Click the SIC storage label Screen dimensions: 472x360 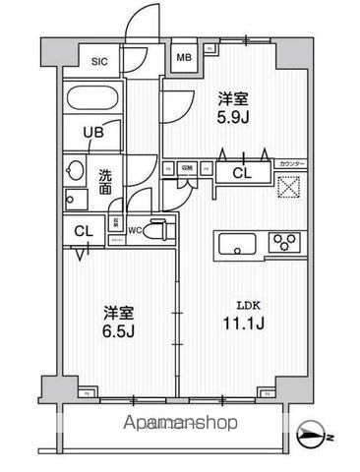pos(99,62)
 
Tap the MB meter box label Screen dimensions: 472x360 pos(184,58)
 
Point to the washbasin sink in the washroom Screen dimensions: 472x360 pos(74,171)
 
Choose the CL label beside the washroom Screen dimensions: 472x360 pos(85,231)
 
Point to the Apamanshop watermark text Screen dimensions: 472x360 pos(180,425)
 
